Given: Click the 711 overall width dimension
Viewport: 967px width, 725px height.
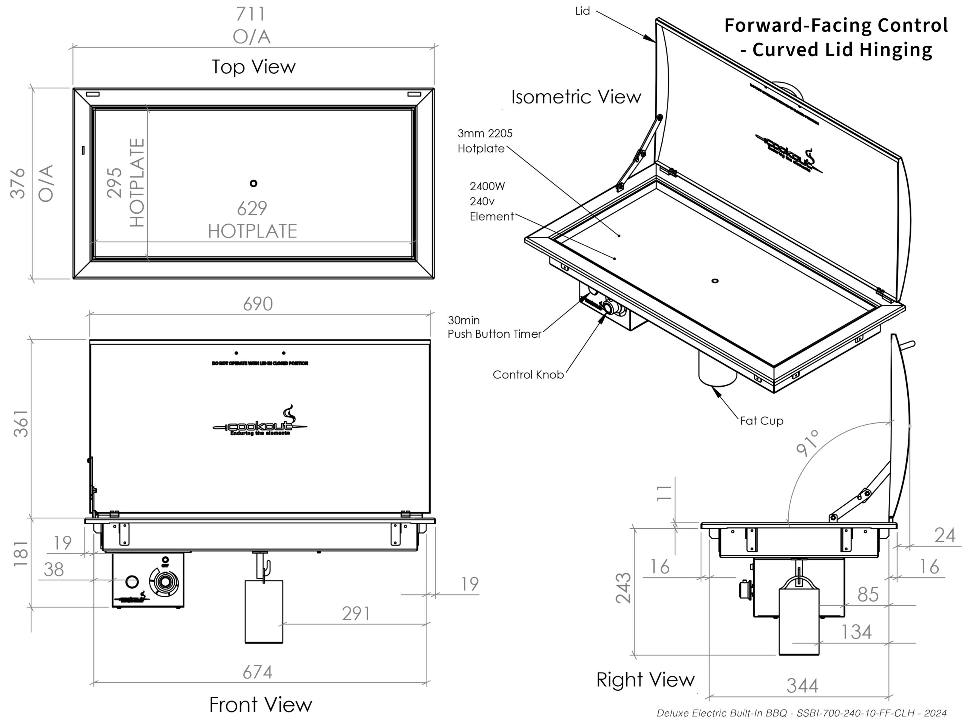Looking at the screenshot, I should [250, 14].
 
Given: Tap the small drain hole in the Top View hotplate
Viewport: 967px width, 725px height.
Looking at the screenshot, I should [253, 184].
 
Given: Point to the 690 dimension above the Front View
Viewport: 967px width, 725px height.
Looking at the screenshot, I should [258, 304].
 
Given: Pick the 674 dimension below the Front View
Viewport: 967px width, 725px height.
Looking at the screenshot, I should [258, 672].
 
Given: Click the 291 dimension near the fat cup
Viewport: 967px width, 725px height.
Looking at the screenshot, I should [356, 614].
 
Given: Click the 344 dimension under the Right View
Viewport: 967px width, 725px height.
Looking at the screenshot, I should [802, 686].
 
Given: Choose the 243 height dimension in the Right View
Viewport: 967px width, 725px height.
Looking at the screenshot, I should [623, 588].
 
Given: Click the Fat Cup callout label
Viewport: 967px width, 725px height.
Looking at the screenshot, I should [762, 421].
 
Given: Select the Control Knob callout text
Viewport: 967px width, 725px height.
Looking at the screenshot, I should [528, 375].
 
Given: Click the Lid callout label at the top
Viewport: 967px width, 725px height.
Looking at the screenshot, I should [582, 11].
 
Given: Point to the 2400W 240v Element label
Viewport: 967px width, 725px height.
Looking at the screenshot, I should [491, 202].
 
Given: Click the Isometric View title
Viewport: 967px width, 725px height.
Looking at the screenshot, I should [576, 97].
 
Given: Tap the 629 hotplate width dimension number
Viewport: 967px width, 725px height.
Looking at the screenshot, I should [252, 208].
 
